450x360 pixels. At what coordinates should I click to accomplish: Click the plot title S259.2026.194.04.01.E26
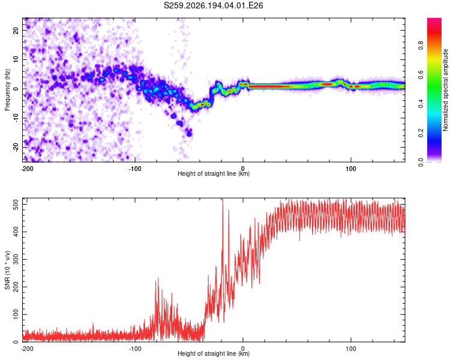(x=213, y=5)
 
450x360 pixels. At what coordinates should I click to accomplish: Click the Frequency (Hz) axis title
(x=7, y=90)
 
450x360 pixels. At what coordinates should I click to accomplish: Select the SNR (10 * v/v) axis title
(x=7, y=270)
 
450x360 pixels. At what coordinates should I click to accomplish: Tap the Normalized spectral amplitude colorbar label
(x=445, y=90)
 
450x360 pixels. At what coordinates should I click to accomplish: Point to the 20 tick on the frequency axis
(x=16, y=31)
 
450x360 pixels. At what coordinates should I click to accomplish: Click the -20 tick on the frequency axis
(x=16, y=148)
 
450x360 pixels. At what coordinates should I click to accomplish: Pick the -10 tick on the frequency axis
(x=16, y=118)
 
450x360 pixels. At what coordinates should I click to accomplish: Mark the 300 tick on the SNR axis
(x=16, y=260)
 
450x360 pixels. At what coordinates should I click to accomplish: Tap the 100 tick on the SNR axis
(x=16, y=314)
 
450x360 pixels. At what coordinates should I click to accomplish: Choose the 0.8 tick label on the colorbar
(x=421, y=46)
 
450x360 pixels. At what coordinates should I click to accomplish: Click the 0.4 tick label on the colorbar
(x=421, y=104)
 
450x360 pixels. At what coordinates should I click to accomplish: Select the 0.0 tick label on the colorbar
(x=421, y=162)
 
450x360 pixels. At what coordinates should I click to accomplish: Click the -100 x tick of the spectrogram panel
(x=135, y=169)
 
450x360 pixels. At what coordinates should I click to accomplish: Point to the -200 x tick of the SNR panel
(x=27, y=349)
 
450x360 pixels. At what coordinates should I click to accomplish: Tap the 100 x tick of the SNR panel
(x=351, y=349)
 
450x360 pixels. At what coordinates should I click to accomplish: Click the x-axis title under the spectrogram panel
(x=214, y=173)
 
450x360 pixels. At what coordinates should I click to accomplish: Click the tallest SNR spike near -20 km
(x=223, y=199)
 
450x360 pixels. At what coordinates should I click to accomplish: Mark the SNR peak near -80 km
(x=158, y=278)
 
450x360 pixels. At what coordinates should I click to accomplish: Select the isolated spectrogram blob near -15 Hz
(x=189, y=133)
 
